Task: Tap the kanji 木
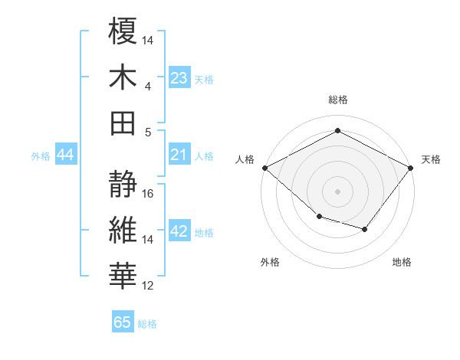[x=123, y=77]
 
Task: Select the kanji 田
[x=123, y=123]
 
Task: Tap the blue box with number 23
[x=179, y=78]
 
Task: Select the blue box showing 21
[x=179, y=155]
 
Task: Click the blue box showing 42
[x=179, y=232]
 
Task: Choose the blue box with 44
[x=66, y=155]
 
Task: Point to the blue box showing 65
[x=123, y=322]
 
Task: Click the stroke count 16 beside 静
[x=149, y=194]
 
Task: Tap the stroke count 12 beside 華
[x=149, y=286]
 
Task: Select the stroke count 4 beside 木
[x=148, y=86]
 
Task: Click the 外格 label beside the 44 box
[x=41, y=156]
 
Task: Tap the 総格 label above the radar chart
[x=337, y=100]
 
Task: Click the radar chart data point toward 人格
[x=264, y=168]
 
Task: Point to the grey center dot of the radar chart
[x=337, y=191]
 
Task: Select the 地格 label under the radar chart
[x=402, y=263]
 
